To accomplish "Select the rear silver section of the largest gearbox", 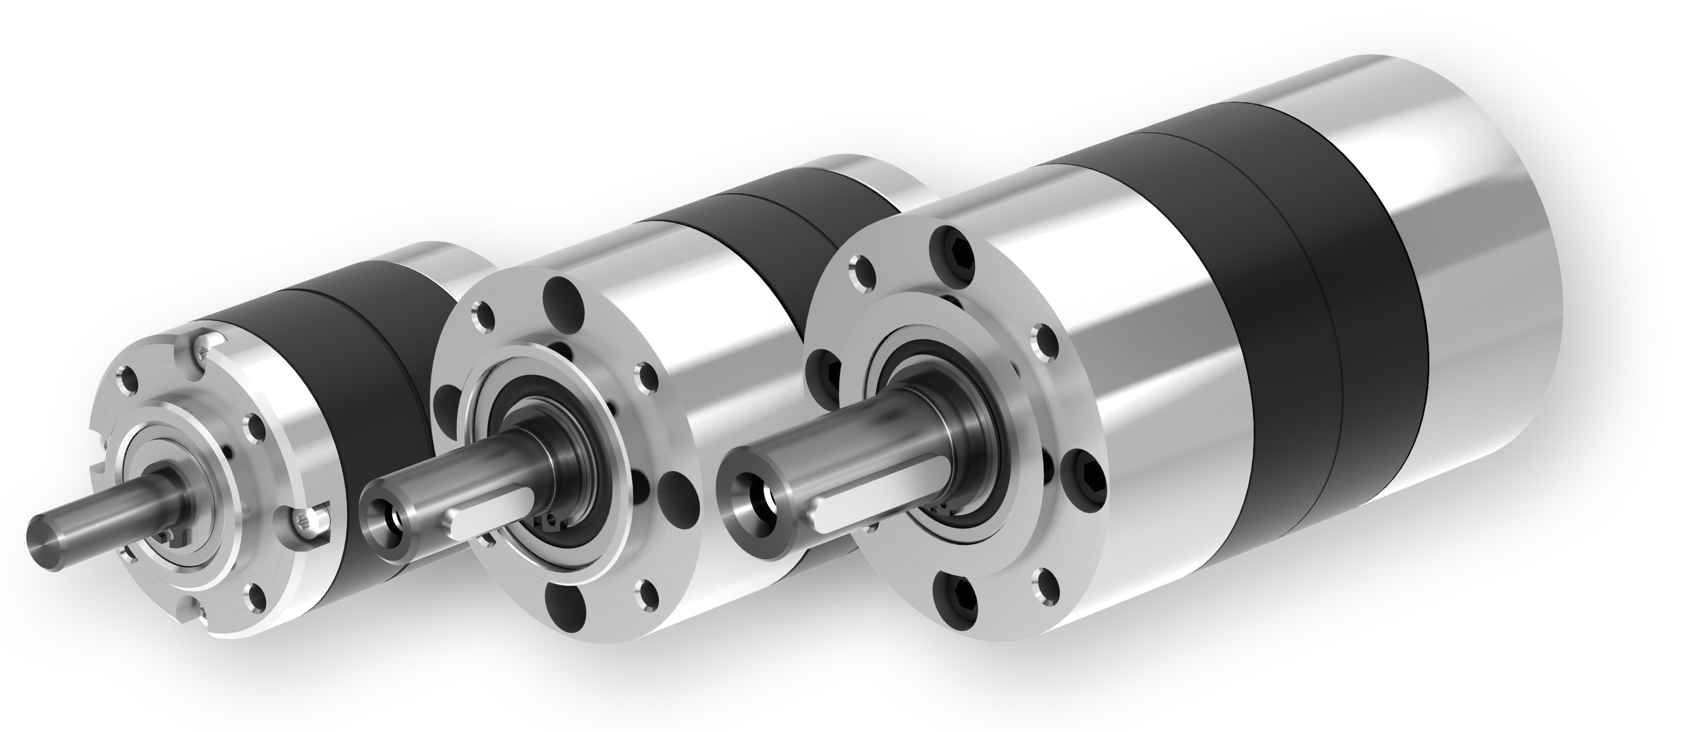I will pos(1491,265).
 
